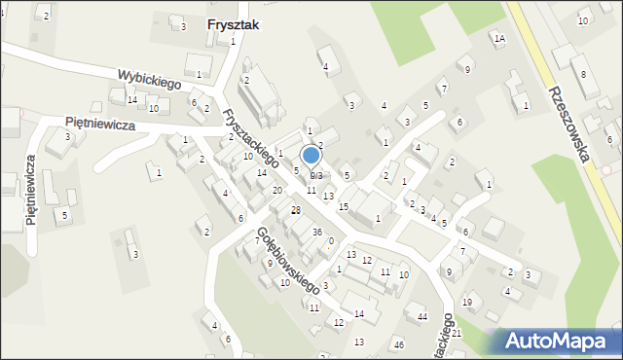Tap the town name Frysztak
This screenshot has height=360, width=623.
click(x=234, y=26)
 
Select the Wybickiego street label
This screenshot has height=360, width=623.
click(x=151, y=79)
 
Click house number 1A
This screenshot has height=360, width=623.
click(x=499, y=39)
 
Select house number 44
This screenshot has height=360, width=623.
click(x=422, y=317)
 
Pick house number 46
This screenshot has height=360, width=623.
click(x=398, y=344)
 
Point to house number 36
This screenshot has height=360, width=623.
click(x=317, y=232)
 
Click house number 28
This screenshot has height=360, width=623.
click(x=296, y=210)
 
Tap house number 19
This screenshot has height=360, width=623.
click(x=466, y=303)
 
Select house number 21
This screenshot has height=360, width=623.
click(x=456, y=333)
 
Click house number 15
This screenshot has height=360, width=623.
click(x=343, y=207)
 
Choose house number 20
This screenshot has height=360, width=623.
click(x=277, y=190)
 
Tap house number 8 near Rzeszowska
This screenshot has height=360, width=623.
click(x=583, y=74)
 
